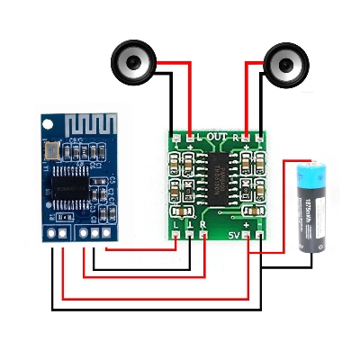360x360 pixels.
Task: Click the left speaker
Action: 134,64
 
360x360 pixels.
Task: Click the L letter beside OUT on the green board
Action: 200,137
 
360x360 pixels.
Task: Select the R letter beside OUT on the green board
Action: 236,137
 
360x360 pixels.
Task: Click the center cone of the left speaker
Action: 134,64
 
